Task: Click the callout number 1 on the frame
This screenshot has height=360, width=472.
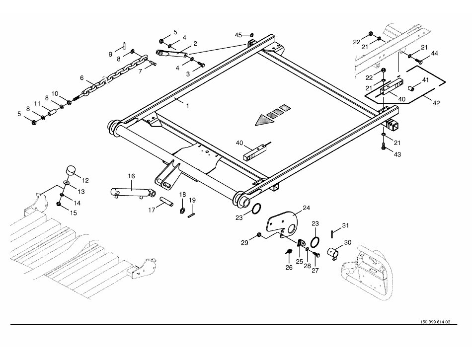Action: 187,106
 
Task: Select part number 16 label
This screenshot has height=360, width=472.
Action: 131,176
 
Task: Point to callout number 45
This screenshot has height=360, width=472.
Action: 238,35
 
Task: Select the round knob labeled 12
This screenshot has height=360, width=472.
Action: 71,170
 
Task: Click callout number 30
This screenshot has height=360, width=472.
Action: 347,242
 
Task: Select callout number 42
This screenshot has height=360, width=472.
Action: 436,103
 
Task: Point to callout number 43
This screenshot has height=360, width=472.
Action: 397,154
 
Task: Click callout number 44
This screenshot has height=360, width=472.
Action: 434,53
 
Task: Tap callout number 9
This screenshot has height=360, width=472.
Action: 111,54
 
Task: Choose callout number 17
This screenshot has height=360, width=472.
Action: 152,210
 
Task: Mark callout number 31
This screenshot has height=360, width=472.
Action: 345,225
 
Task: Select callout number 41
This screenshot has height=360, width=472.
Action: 425,80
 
